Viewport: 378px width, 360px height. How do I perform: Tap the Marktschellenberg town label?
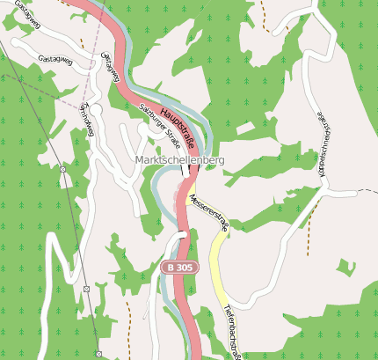coord(180,160)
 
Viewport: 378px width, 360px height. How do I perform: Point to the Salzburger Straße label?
coord(160,125)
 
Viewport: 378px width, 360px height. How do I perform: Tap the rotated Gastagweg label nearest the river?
coord(110,67)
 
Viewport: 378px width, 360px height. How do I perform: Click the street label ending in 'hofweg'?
coord(86,120)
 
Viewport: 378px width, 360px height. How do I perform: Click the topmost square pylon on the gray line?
coord(62,168)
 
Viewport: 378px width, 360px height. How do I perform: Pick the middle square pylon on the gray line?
coord(85,289)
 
